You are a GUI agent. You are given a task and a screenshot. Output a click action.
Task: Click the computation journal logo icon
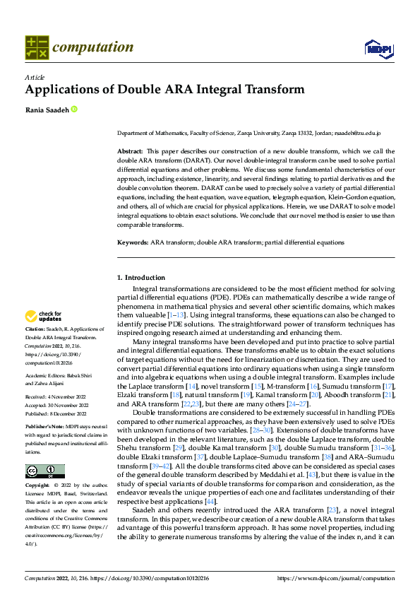tap(36, 48)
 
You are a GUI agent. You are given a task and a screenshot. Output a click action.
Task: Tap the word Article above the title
tap(35, 77)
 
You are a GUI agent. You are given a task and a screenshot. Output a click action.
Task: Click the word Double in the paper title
tap(162, 90)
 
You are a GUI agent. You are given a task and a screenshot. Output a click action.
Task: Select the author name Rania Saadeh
tap(46, 110)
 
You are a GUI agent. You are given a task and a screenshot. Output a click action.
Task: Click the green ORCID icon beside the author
tap(73, 110)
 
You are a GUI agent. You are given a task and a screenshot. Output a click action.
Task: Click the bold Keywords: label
tap(133, 242)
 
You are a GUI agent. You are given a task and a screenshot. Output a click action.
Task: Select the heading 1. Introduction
tap(140, 278)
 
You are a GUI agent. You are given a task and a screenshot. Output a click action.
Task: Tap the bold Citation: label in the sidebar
tap(35, 329)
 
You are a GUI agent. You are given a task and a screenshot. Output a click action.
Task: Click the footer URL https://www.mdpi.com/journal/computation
tap(336, 578)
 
